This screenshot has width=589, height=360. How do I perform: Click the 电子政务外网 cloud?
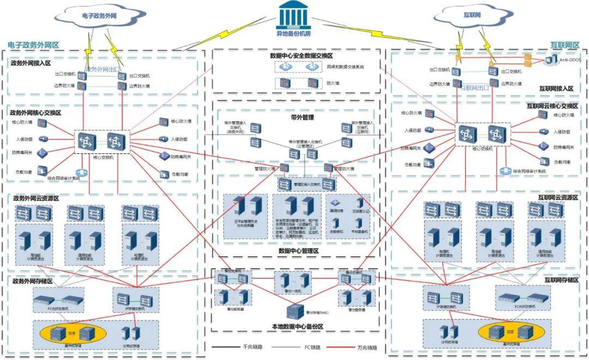pos(100,17)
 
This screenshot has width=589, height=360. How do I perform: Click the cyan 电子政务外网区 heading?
pos(33,45)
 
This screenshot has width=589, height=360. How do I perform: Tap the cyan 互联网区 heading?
pos(564,45)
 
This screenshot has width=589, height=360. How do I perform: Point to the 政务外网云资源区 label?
pos(35,198)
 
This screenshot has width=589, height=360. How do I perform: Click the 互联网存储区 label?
pos(561,280)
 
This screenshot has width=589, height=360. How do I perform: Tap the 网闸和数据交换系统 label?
pos(345,67)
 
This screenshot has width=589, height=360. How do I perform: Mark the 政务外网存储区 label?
pos(32,281)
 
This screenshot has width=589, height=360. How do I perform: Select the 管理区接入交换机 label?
pos(306,184)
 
